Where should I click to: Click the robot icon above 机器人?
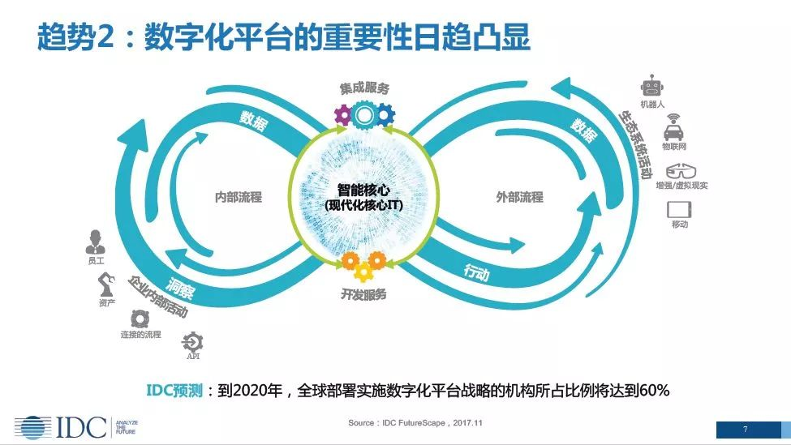651,86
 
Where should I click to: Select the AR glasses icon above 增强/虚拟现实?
681,171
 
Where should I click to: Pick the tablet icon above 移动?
679,209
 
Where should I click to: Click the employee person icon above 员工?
96,242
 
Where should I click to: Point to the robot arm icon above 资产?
106,285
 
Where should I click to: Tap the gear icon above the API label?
192,342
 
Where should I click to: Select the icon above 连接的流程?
140,319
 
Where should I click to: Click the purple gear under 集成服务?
343,115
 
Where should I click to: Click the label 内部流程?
238,197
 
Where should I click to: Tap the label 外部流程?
519,197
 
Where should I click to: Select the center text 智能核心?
363,190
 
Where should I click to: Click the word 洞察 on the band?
179,288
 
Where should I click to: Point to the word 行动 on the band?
477,272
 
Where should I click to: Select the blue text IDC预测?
174,390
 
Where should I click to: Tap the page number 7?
745,430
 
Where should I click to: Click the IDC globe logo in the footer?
32,427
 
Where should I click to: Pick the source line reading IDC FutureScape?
415,423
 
